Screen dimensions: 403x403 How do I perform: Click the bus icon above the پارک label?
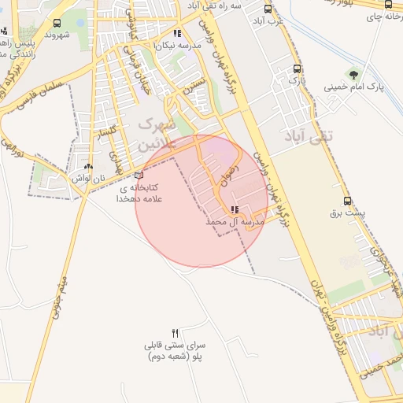tap(296, 69)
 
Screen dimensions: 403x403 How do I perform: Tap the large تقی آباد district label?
tap(308, 136)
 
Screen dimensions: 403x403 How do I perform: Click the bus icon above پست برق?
tap(347, 201)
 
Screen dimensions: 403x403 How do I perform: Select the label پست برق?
tap(346, 213)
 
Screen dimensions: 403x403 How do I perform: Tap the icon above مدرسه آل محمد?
tap(235, 209)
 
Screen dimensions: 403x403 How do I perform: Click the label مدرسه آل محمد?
tap(234, 224)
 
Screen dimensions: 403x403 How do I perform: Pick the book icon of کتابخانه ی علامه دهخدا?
tap(139, 176)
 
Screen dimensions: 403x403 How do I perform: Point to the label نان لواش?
tap(89, 179)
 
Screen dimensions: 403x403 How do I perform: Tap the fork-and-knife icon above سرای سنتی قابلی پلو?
tap(176, 333)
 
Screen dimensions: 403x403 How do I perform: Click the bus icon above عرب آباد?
tap(268, 9)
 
